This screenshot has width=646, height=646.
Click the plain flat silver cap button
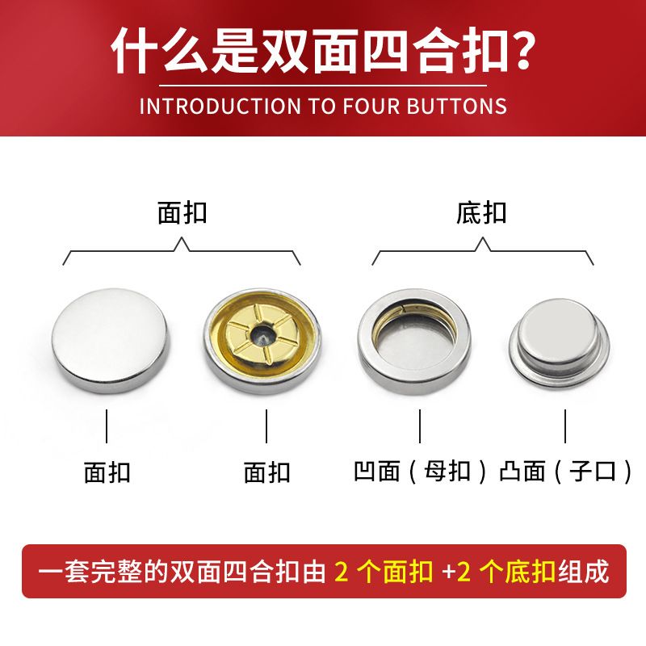[111, 341]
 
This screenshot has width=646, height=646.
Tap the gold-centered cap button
[262, 341]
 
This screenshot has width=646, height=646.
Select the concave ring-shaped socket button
[414, 341]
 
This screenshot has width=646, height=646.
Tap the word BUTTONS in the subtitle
[456, 107]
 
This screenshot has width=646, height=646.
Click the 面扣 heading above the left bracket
[182, 213]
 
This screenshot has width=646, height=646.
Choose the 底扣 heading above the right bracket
[481, 213]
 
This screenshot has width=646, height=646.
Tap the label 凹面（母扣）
[420, 472]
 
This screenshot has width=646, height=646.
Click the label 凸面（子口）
[565, 472]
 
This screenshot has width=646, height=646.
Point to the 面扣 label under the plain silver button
[107, 472]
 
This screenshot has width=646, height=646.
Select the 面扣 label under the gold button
[267, 472]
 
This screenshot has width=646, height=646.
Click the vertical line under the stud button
[564, 426]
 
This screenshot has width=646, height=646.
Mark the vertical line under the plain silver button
[107, 426]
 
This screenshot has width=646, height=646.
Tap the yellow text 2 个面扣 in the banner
[384, 572]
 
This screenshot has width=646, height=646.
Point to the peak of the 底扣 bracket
[483, 237]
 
